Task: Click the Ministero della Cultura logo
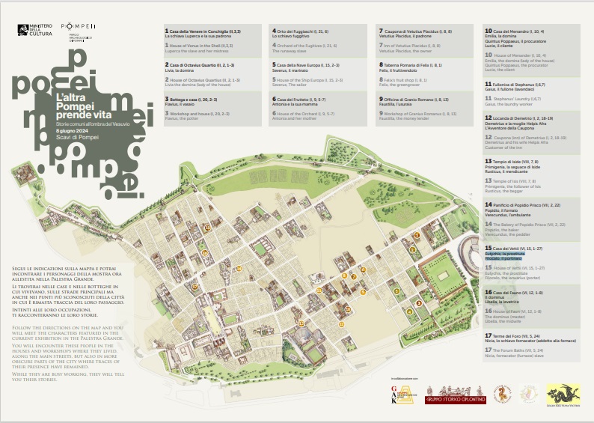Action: [x=36, y=31]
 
